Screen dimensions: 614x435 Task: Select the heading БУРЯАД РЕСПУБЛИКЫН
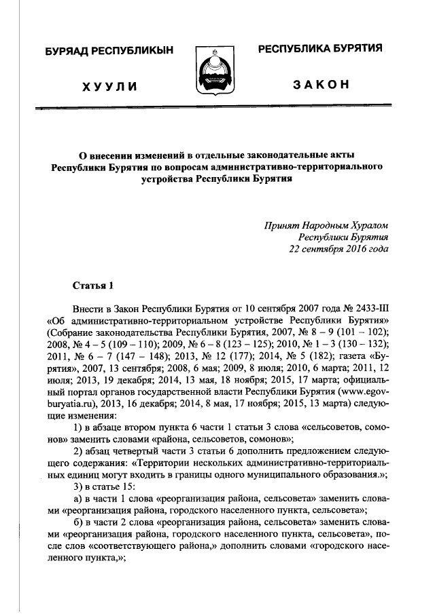pyautogui.click(x=110, y=52)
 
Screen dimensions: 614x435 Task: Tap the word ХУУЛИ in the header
pyautogui.click(x=110, y=86)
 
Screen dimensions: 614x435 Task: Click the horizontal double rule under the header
pyautogui.click(x=217, y=106)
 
